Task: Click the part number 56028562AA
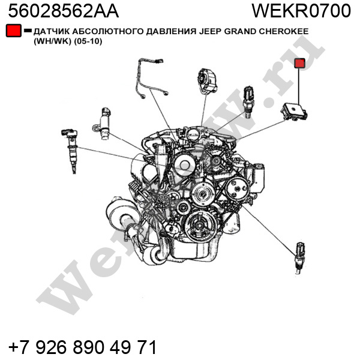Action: (x=64, y=11)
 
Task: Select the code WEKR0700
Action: (x=301, y=11)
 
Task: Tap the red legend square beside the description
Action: (x=14, y=31)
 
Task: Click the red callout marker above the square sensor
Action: (x=299, y=63)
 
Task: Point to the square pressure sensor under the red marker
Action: (x=293, y=112)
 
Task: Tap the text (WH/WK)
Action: (x=53, y=41)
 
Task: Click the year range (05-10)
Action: (x=88, y=41)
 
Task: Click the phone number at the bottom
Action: (x=83, y=347)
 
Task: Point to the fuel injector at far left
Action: (x=70, y=151)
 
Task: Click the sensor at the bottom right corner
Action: (x=299, y=258)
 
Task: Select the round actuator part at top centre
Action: (x=207, y=81)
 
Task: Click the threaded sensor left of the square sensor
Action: (x=248, y=103)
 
